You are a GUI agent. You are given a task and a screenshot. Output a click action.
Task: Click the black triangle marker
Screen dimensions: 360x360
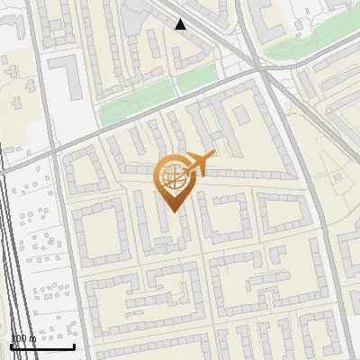coord(181,24)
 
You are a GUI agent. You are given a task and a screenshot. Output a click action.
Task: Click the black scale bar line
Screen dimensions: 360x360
coord(42,347)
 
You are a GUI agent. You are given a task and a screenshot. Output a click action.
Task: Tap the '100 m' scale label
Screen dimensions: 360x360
coord(23,338)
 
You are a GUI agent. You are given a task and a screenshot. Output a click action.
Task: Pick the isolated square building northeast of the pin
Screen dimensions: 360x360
coord(242,115)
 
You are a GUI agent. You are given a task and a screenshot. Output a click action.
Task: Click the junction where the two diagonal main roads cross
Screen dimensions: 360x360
coord(258,67)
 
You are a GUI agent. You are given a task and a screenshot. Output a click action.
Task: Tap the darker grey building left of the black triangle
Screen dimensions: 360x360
coord(139,13)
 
